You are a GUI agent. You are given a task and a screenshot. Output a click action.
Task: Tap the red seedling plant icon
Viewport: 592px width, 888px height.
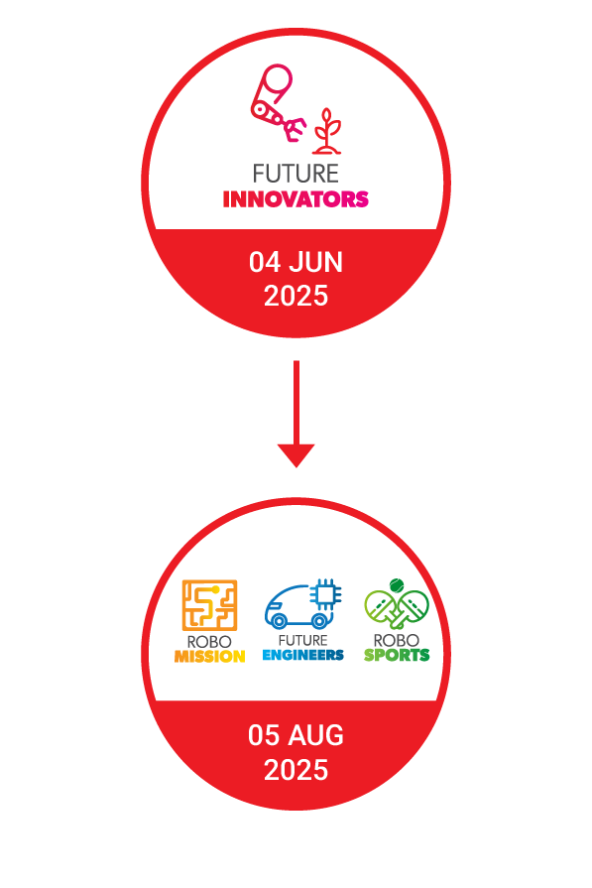327,131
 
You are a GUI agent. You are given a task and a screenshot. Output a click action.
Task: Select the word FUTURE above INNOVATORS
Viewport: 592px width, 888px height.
296,174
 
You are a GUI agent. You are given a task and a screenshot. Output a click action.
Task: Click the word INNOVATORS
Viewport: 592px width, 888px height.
296,199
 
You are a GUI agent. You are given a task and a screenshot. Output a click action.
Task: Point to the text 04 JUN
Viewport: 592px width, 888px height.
296,262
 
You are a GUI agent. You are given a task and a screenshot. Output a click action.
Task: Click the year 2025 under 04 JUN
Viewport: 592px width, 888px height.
296,297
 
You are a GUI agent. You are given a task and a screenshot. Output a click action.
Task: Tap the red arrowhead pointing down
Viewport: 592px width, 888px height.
296,455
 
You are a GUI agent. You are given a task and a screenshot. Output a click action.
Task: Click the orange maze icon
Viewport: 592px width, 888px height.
209,605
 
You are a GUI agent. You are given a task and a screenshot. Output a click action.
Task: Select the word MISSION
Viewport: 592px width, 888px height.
209,657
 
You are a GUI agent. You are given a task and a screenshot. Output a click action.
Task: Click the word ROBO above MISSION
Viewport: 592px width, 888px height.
209,642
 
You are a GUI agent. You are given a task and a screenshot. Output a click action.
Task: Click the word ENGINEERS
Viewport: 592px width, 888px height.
303,655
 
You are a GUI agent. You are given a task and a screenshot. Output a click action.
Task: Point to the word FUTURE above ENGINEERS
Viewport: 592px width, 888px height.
303,641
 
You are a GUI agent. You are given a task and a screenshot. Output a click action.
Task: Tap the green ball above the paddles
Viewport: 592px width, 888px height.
397,585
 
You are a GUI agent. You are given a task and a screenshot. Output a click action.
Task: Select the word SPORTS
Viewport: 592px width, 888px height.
397,655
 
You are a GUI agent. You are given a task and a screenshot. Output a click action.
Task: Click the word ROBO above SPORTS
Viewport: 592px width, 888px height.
397,641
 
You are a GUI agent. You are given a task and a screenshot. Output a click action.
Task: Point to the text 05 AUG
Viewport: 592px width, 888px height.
296,735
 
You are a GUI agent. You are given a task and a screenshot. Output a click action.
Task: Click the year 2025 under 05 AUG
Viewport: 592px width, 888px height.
296,770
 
